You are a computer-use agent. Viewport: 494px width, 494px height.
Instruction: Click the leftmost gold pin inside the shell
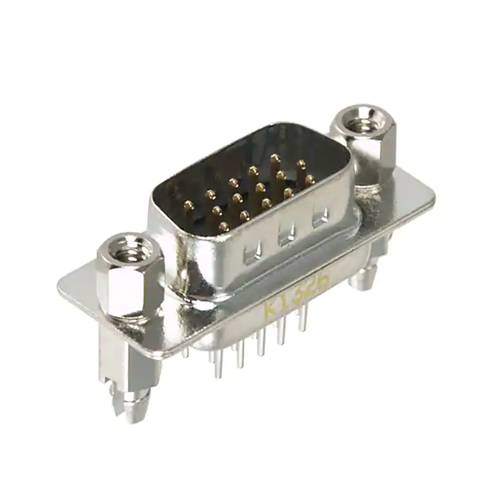tap(188, 206)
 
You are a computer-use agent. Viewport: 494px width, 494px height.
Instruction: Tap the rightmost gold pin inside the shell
tap(310, 178)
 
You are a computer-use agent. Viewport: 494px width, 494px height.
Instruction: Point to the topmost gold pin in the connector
tap(275, 157)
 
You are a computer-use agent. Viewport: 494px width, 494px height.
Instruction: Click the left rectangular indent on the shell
tap(252, 250)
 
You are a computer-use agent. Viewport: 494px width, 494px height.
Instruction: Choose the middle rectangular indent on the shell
tap(286, 234)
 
